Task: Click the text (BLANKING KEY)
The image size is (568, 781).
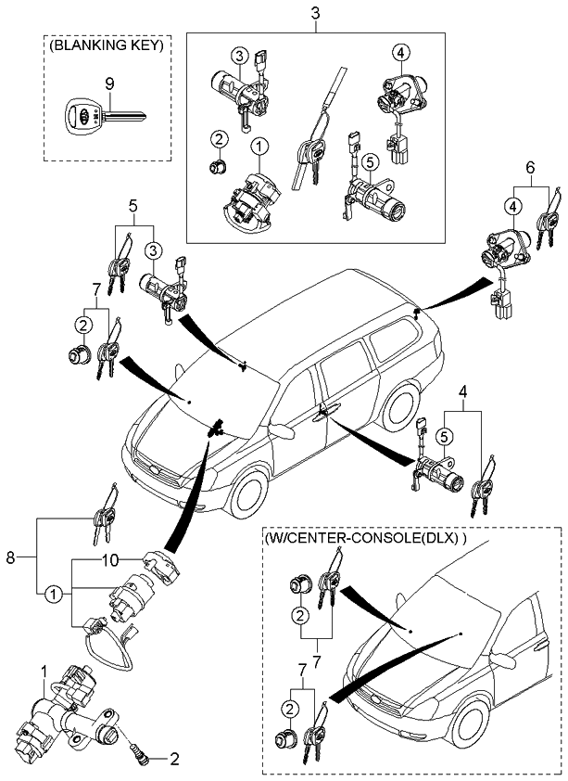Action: [107, 44]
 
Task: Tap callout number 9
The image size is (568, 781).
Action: [108, 83]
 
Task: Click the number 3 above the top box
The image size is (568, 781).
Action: [316, 13]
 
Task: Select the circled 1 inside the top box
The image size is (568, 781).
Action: [259, 146]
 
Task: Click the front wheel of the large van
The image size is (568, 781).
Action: [248, 493]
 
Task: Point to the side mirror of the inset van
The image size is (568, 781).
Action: [504, 659]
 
